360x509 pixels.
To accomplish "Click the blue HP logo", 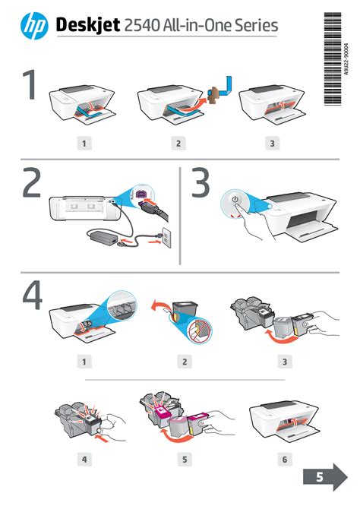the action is coord(34,26).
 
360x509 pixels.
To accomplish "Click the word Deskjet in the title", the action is coord(88,25).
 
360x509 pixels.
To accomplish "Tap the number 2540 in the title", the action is coord(141,25).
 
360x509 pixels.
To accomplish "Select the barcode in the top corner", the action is coord(333,58).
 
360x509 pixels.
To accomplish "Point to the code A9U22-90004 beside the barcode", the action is coord(346,59).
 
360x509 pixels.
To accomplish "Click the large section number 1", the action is coord(30,84).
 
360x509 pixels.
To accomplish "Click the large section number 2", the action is coord(31,183).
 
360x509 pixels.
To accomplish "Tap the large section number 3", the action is coord(201,183).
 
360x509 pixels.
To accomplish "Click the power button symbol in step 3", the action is coord(235,199).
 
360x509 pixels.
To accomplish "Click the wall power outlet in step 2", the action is coord(166,237).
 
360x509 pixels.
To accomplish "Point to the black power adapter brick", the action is coord(103,236).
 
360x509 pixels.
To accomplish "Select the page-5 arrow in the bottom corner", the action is coord(325,477).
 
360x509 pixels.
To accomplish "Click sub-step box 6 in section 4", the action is coord(285,460).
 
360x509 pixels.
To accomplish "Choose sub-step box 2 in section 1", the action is coord(178,143).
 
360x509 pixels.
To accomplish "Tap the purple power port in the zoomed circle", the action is coord(141,194).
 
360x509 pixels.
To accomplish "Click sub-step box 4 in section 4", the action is coord(84,460).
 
